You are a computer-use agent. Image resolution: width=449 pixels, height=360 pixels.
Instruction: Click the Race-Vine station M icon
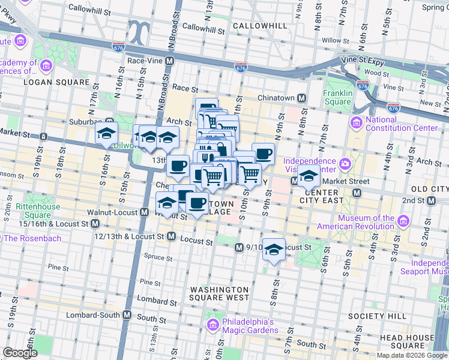[x=170, y=61]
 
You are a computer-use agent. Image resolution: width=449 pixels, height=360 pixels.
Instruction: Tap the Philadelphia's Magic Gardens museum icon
[x=211, y=325]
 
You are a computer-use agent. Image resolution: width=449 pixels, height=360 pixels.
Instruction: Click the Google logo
[x=20, y=353]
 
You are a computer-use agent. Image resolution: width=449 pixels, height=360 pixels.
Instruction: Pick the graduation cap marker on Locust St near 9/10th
[x=274, y=250]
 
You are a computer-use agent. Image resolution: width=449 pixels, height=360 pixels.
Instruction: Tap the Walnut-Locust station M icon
[x=145, y=212]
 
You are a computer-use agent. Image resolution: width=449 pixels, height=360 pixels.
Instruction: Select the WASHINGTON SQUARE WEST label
[x=219, y=293]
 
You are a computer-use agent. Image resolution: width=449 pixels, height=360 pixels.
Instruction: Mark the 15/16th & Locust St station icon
[x=95, y=224]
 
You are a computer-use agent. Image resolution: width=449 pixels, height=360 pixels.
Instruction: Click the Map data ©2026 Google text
[x=412, y=355]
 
